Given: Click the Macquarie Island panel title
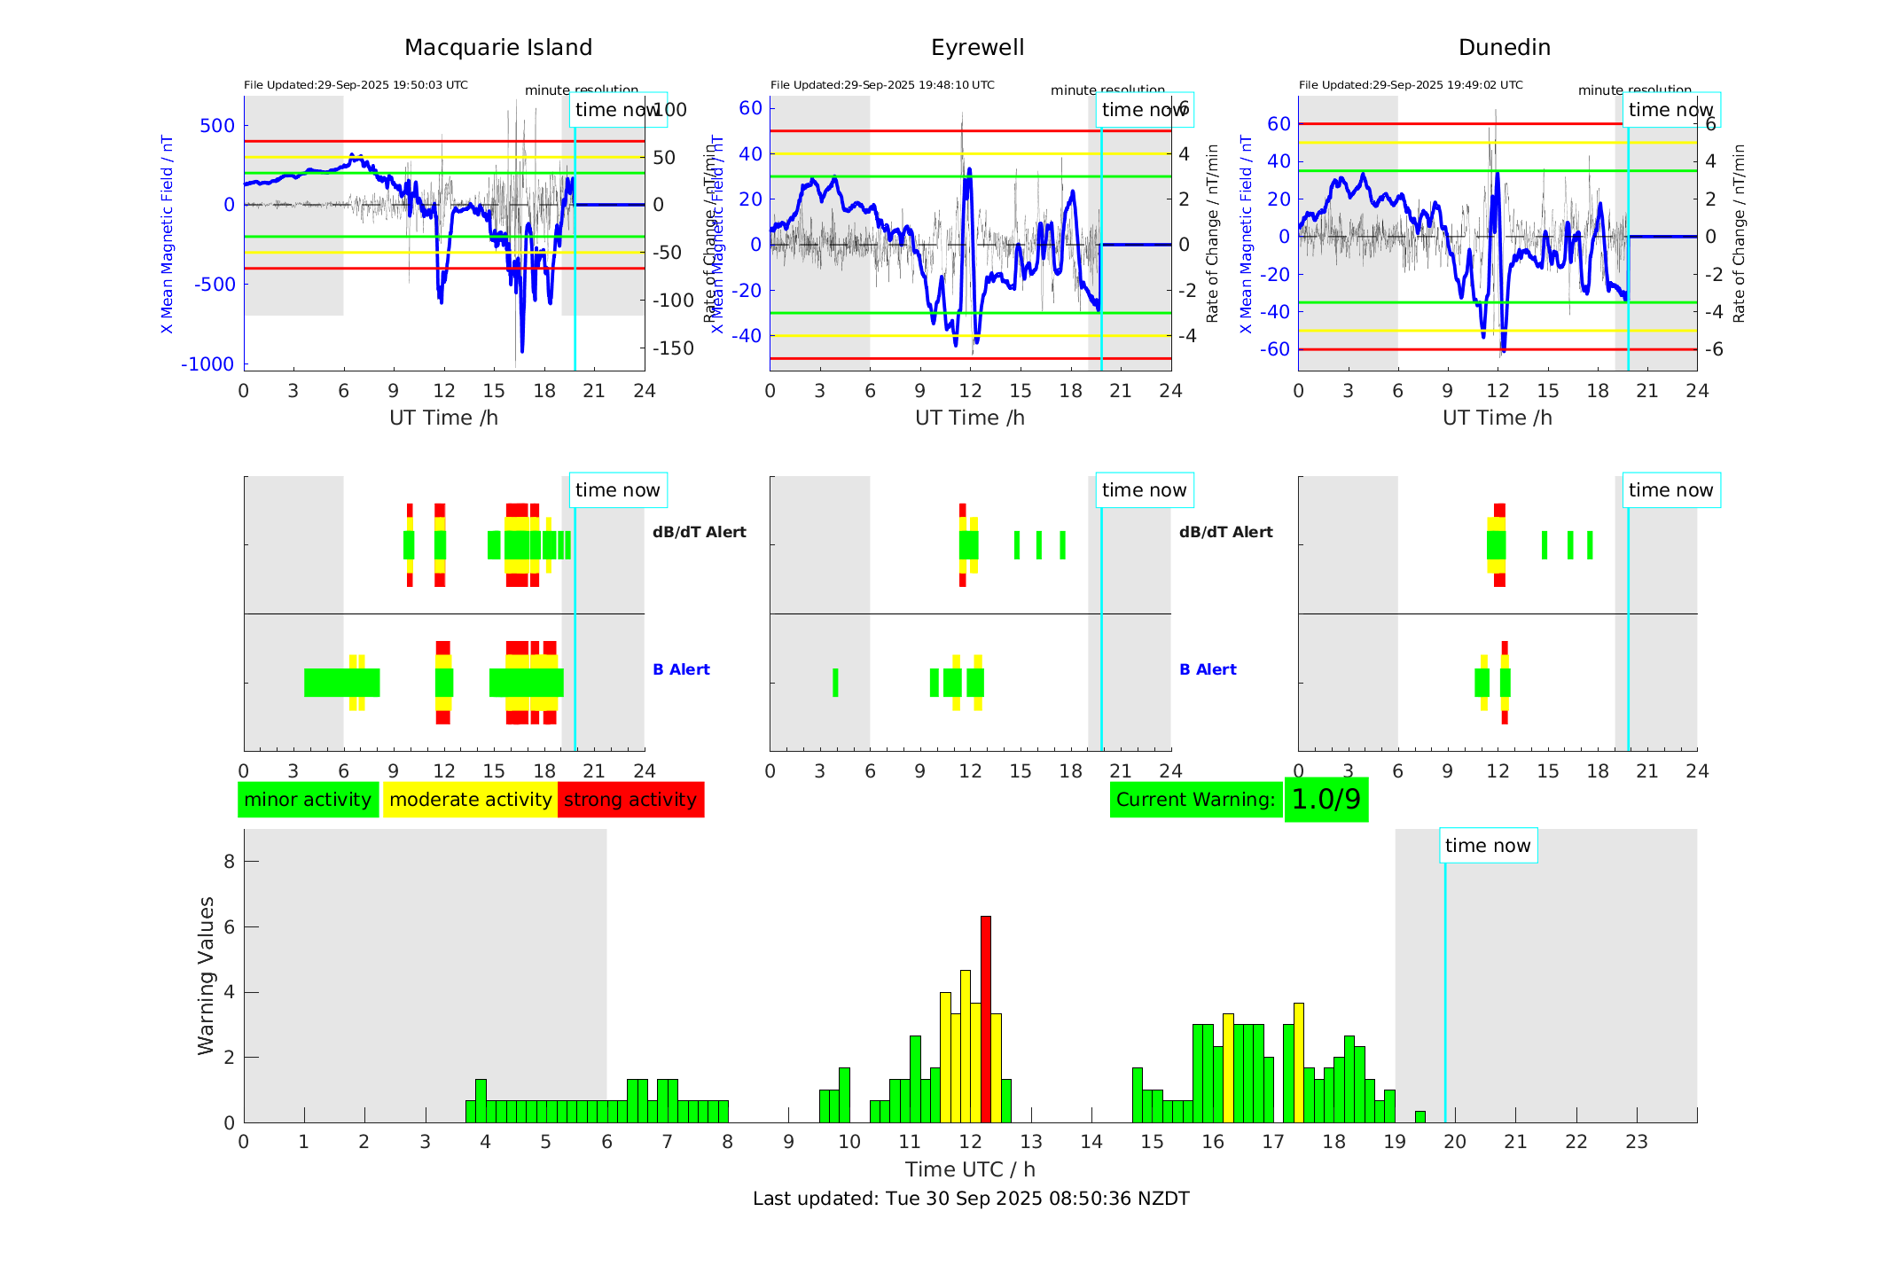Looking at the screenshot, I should click(497, 47).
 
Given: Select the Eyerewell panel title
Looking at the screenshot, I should click(977, 47).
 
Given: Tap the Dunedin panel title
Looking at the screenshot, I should click(1504, 47).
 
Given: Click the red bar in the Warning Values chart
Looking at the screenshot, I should click(985, 1020).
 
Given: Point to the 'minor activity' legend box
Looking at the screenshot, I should click(308, 800).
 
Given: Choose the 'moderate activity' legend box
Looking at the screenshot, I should click(470, 800).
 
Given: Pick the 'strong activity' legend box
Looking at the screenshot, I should click(630, 800).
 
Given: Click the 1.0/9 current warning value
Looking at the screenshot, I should click(1326, 800).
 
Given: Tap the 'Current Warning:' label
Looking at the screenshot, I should click(1195, 800).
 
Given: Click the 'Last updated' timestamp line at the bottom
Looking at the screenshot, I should click(971, 1199).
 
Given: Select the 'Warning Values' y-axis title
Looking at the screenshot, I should click(206, 975).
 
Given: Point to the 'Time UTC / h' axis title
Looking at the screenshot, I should click(970, 1169).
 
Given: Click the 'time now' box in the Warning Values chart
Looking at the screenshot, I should click(1488, 846).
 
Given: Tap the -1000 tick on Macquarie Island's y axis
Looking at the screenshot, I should click(207, 364).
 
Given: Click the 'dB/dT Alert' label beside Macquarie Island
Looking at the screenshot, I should click(699, 532).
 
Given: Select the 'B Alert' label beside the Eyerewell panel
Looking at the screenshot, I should click(1208, 669).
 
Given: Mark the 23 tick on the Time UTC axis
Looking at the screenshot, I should click(1637, 1142).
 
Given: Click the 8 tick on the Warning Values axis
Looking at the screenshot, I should click(229, 861).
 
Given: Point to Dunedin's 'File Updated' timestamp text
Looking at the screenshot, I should click(1411, 85).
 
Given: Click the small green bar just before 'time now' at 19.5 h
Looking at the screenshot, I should click(1419, 1117).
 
